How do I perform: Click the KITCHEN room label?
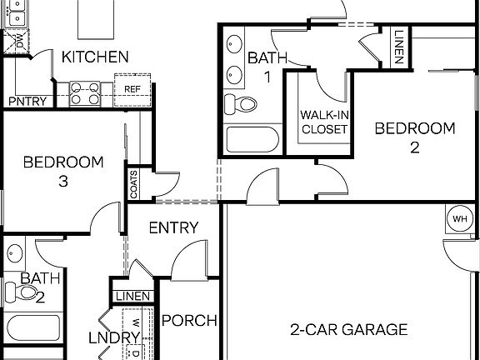tap(95, 57)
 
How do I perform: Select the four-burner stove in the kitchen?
tap(84, 92)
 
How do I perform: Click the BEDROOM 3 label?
tap(63, 171)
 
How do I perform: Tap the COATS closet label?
tap(133, 185)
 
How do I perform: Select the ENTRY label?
tap(173, 227)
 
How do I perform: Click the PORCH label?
tap(189, 320)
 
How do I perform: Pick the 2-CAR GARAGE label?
tap(349, 329)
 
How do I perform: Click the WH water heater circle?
tap(459, 219)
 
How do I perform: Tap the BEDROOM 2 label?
tap(414, 137)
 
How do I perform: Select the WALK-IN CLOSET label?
tap(324, 122)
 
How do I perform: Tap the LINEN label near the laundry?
tap(132, 297)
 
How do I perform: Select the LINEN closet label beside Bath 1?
tap(399, 48)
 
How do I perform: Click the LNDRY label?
tap(114, 337)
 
